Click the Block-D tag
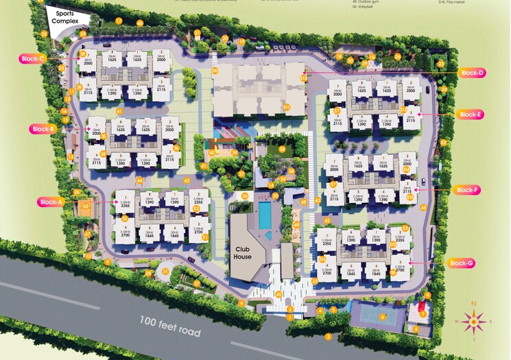coord(472,73)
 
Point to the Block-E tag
coord(471,115)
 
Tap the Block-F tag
coord(468,190)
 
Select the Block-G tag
coord(461,263)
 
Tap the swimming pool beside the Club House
coord(264,215)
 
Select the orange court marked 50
coord(85,206)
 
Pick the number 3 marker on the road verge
coord(329,336)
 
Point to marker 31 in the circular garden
coord(165,271)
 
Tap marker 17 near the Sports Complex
coord(118,21)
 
